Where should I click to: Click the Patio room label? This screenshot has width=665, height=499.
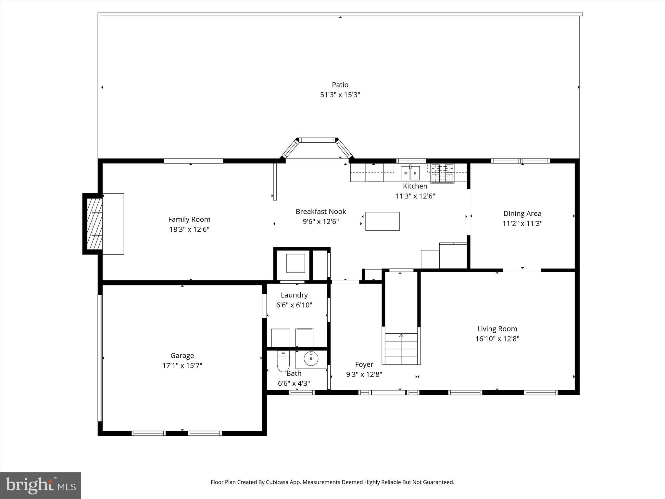pos(340,85)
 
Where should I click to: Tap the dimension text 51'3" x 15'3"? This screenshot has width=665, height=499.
pos(340,95)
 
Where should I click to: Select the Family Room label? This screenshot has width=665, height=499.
pos(189,219)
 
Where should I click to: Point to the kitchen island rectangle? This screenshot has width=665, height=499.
pos(382,221)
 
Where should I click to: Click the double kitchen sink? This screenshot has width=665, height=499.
pos(410,173)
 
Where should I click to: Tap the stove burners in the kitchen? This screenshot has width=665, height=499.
pos(442,173)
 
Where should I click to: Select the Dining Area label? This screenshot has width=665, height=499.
pos(522,213)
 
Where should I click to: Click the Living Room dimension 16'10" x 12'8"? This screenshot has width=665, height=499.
pos(497,339)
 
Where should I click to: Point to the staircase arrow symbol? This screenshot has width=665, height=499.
pos(401,335)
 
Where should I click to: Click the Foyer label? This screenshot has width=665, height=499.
pos(364,364)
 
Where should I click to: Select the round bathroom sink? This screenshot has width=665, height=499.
pos(311,359)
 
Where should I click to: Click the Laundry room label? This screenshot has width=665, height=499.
pos(294,295)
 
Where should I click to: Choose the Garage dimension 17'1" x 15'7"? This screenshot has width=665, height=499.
pos(182,365)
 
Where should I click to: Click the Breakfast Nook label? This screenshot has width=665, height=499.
pos(321,211)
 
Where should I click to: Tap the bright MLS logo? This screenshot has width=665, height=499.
pos(41,485)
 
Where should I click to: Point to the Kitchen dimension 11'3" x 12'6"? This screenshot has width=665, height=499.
pos(415,196)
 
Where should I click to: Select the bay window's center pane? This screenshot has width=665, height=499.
pos(317,140)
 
